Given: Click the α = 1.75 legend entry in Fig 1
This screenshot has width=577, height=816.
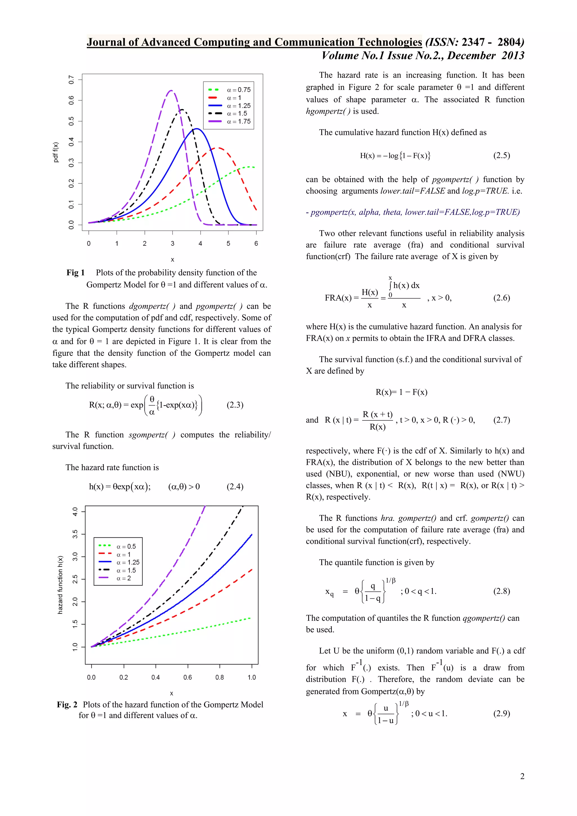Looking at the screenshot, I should pos(239,121).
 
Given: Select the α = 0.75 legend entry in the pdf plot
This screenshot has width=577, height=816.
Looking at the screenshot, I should pos(239,90).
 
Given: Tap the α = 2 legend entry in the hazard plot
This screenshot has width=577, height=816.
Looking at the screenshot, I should pos(124,578).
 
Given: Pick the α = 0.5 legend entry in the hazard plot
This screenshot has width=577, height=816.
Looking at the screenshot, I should pos(126,547).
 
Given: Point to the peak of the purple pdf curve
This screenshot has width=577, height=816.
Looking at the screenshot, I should pos(172,91).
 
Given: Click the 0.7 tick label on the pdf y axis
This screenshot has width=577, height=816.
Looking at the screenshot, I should pos(71,80).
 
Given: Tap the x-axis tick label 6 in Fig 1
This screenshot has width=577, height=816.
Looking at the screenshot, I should pos(256,243).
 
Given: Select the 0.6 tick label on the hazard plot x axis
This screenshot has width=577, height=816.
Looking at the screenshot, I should pos(188,677).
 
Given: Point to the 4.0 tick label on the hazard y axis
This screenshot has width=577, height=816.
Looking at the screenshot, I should pos(75,512).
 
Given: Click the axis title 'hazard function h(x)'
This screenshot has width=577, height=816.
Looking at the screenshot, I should pos(60,585).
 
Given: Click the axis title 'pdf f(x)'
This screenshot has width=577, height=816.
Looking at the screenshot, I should pos(56,152).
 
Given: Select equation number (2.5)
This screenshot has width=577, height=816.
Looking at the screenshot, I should pos(501,155).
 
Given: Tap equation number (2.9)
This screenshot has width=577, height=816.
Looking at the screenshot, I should pos(501,713).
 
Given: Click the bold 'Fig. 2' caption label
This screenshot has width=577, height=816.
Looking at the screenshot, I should pos(67,704).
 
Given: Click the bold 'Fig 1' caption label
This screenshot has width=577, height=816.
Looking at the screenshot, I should pos(75,272).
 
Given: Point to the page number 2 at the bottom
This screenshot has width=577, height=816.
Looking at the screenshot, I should pos(522,776).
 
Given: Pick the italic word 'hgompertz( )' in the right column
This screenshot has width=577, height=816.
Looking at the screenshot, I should pos(328,111).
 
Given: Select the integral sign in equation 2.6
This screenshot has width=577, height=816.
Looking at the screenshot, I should pos(390,285).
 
